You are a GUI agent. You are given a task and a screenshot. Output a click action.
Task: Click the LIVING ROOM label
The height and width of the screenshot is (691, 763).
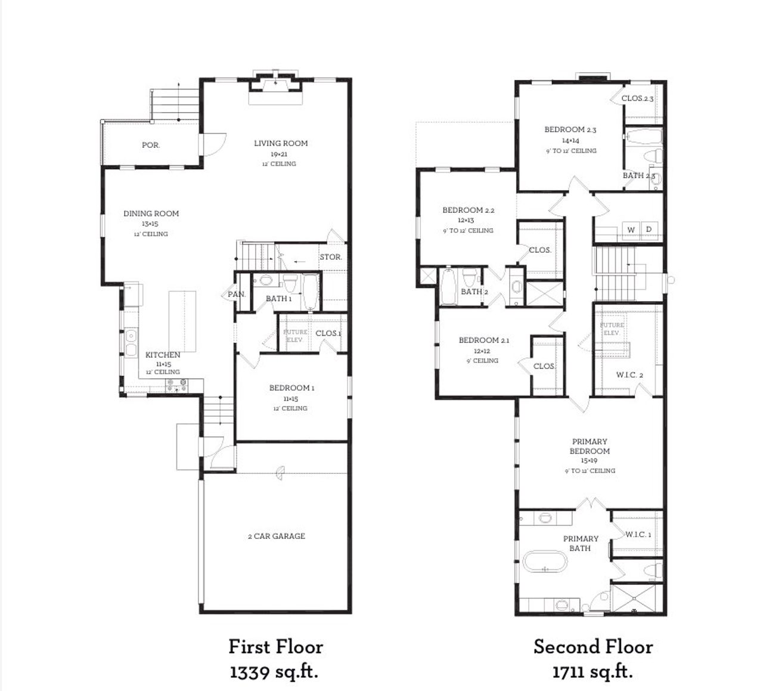pyautogui.click(x=281, y=143)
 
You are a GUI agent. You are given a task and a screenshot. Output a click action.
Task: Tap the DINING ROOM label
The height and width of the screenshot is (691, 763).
pyautogui.click(x=151, y=213)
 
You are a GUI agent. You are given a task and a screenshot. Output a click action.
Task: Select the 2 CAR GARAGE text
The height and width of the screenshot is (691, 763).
pyautogui.click(x=276, y=536)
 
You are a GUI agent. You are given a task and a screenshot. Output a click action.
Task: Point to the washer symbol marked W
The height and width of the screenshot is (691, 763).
pyautogui.click(x=631, y=230)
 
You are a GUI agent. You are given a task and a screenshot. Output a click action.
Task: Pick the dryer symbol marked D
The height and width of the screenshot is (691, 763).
pyautogui.click(x=649, y=230)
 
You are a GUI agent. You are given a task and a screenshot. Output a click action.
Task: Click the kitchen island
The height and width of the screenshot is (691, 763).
pyautogui.click(x=182, y=322)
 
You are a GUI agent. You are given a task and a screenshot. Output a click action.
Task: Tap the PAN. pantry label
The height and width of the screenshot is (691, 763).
pyautogui.click(x=236, y=294)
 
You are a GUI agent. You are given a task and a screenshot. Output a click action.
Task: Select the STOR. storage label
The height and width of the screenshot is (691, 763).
pyautogui.click(x=331, y=257)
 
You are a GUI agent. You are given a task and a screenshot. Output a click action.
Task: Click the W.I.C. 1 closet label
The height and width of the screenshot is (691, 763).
pyautogui.click(x=638, y=534)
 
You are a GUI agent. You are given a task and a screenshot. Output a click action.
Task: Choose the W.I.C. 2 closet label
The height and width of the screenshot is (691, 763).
pyautogui.click(x=629, y=375)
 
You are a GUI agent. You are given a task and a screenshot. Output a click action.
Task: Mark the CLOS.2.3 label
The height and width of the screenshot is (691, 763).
pyautogui.click(x=637, y=98)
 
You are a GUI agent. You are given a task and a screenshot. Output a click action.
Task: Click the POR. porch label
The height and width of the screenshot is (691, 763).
pyautogui.click(x=151, y=145)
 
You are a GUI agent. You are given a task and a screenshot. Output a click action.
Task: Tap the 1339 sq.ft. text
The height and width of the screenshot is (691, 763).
pyautogui.click(x=274, y=672)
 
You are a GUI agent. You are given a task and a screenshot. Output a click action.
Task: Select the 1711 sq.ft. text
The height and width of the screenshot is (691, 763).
pyautogui.click(x=592, y=672)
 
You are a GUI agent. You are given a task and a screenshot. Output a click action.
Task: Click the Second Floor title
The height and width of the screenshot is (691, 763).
pyautogui.click(x=593, y=647)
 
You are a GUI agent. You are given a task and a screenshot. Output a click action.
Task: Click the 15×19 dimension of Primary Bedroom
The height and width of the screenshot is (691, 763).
pyautogui.click(x=589, y=461)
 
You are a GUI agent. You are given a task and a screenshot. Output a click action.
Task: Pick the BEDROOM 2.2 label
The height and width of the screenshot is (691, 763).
pyautogui.click(x=468, y=210)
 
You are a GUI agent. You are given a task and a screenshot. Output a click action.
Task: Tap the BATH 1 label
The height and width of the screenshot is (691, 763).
pyautogui.click(x=278, y=299)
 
